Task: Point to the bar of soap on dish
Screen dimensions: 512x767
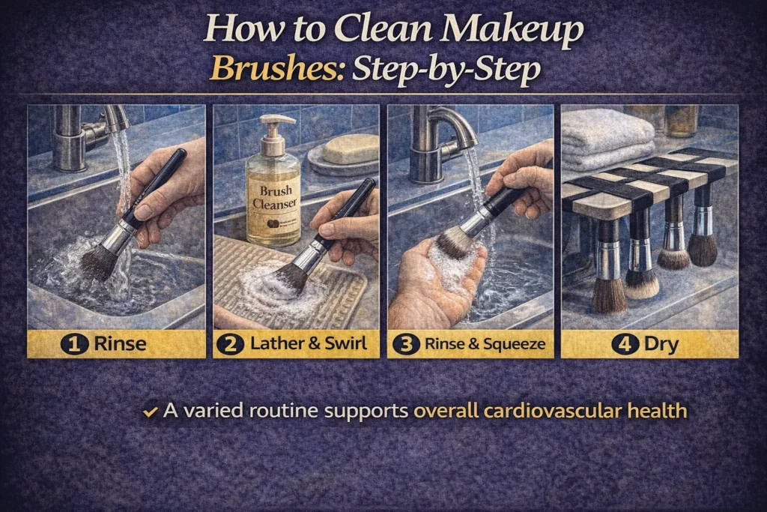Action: pyautogui.click(x=350, y=148)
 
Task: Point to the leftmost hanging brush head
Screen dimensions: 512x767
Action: pyautogui.click(x=609, y=294)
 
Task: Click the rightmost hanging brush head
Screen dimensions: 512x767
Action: pyautogui.click(x=702, y=249)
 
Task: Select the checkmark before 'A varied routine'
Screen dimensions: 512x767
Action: pyautogui.click(x=151, y=412)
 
